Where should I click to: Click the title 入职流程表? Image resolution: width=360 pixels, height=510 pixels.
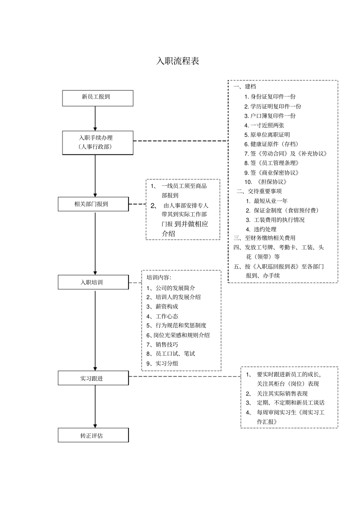178,61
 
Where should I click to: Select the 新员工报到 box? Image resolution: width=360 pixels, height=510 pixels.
97,97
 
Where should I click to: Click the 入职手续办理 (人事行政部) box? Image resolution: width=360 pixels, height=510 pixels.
97,142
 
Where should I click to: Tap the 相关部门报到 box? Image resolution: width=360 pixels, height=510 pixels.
93,204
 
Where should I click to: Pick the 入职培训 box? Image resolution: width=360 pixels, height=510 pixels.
93,282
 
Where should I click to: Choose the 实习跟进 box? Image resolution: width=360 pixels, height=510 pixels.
93,378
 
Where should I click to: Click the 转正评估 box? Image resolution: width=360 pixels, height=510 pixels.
93,435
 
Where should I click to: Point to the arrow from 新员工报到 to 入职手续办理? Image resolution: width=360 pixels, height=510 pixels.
95,118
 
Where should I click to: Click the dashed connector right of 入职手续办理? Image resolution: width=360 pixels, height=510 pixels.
180,141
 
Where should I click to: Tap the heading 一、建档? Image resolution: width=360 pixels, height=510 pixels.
245,86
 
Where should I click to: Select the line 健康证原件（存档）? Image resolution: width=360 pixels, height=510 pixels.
271,144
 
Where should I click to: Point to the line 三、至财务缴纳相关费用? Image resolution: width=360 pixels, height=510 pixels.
264,238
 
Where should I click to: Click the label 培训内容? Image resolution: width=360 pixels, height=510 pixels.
159,278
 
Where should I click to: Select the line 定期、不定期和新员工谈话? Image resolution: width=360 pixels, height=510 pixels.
285,403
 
